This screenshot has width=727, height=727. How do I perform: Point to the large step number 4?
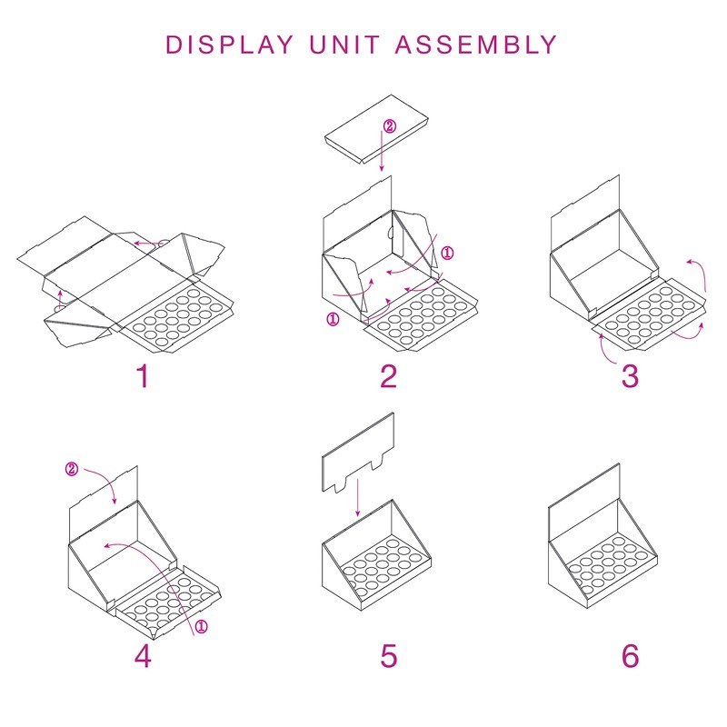point(143,655)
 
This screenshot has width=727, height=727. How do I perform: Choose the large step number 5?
point(389,655)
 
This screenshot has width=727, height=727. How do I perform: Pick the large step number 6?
point(630,655)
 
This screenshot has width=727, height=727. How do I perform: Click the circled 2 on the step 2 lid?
point(390,127)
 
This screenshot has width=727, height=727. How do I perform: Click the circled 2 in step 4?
point(73,470)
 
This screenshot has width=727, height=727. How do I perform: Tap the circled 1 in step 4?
point(201,626)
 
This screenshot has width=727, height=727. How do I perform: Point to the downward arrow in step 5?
point(357,499)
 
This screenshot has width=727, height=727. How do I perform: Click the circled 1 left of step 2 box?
point(333,319)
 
